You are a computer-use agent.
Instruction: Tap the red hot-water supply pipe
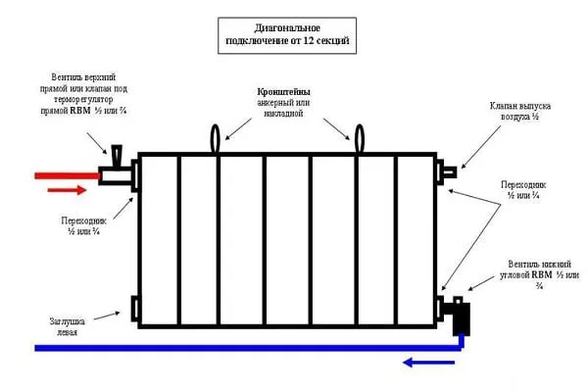click(67, 175)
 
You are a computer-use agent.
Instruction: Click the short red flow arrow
click(67, 190)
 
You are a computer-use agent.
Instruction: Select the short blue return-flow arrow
click(428, 363)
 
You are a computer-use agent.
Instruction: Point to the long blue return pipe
click(249, 348)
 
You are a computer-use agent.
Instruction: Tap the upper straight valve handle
click(117, 155)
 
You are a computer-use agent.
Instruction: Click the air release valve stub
click(450, 172)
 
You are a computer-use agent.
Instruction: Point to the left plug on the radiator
click(134, 309)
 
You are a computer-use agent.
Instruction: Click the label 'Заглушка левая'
click(68, 326)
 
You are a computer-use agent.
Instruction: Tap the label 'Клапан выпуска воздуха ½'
click(520, 111)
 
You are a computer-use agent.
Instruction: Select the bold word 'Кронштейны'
click(283, 92)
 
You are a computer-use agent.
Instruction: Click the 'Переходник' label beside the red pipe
click(83, 225)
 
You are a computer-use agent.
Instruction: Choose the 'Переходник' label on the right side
click(523, 190)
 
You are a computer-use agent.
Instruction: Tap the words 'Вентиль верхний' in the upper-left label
click(83, 77)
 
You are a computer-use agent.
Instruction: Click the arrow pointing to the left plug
click(107, 316)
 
